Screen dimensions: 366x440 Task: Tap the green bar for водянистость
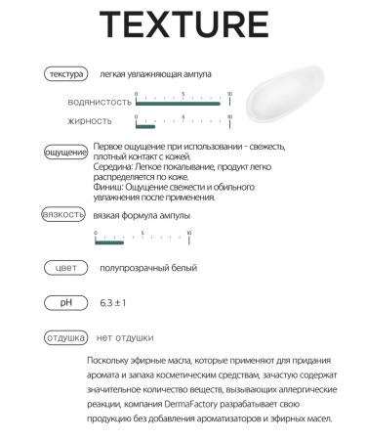coord(181,104)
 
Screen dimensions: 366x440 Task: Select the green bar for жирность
coord(144,126)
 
